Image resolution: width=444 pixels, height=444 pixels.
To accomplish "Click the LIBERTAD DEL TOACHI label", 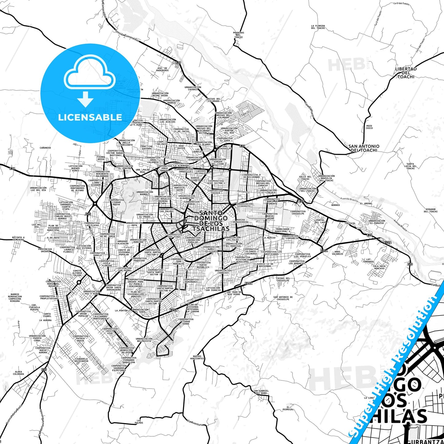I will point(406,73).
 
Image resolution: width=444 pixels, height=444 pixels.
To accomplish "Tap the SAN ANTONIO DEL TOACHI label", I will point(364,148).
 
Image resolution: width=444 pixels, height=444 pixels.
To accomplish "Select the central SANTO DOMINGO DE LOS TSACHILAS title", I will point(211,221).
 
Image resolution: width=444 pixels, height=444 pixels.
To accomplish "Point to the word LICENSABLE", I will point(90,117).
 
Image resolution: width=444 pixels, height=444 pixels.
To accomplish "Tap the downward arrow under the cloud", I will point(85,99).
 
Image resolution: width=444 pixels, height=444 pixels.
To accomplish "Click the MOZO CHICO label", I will point(369,127).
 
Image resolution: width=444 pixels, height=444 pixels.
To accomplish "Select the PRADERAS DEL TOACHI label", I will point(238,35).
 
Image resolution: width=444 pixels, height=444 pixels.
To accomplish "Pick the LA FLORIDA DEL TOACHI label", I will point(318,27).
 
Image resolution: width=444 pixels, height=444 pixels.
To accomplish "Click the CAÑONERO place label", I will point(45,148).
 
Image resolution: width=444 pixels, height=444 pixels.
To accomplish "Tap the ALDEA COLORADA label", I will point(18,373).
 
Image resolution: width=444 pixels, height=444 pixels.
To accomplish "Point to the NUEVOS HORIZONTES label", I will point(197,357).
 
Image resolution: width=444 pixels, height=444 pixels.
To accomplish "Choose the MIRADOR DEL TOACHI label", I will point(430,210).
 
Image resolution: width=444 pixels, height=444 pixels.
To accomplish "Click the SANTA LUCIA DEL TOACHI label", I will point(410,166).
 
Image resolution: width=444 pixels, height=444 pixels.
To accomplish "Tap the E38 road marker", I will point(12,168).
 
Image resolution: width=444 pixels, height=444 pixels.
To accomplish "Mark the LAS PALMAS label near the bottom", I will point(139,421).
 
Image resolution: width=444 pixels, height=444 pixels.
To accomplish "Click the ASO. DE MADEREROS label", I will point(163,69).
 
